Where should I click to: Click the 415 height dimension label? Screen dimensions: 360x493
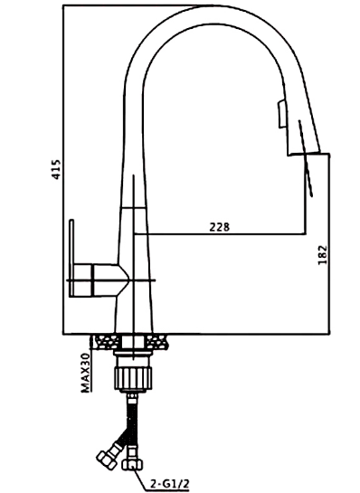point(57,169)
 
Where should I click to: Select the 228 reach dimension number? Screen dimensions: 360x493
point(220,227)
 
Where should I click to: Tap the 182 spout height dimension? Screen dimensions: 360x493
point(322,255)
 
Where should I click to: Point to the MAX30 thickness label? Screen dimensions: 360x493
point(86,373)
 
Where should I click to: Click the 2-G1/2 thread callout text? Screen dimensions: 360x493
point(169,484)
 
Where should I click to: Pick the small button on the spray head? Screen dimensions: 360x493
point(280,114)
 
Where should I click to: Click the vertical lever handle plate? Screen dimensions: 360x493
point(72,258)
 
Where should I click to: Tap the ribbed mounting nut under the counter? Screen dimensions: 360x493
point(134,378)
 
